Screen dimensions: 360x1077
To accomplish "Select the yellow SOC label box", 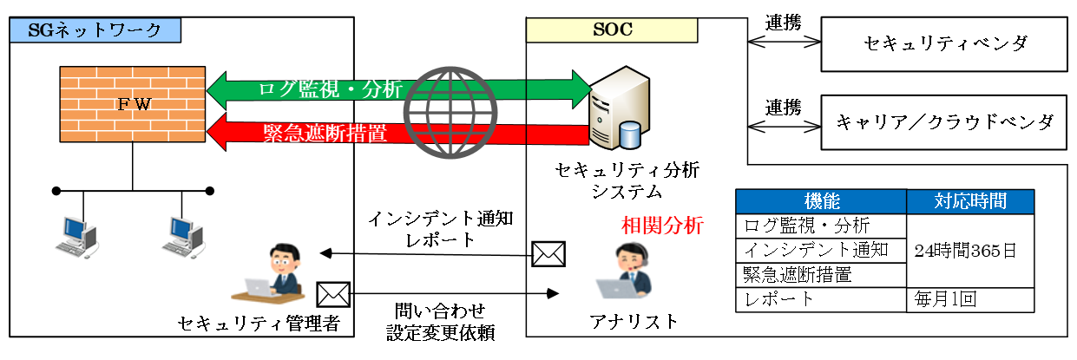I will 612,29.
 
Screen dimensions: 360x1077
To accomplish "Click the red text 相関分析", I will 661,226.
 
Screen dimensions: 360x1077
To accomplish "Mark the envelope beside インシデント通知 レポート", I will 548,253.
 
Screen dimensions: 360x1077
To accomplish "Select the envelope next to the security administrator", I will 332,295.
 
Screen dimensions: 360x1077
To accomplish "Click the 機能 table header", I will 820,201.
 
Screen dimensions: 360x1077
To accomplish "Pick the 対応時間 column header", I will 970,201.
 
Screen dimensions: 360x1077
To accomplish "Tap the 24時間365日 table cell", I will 970,250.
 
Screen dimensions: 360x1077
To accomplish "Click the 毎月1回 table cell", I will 970,300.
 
